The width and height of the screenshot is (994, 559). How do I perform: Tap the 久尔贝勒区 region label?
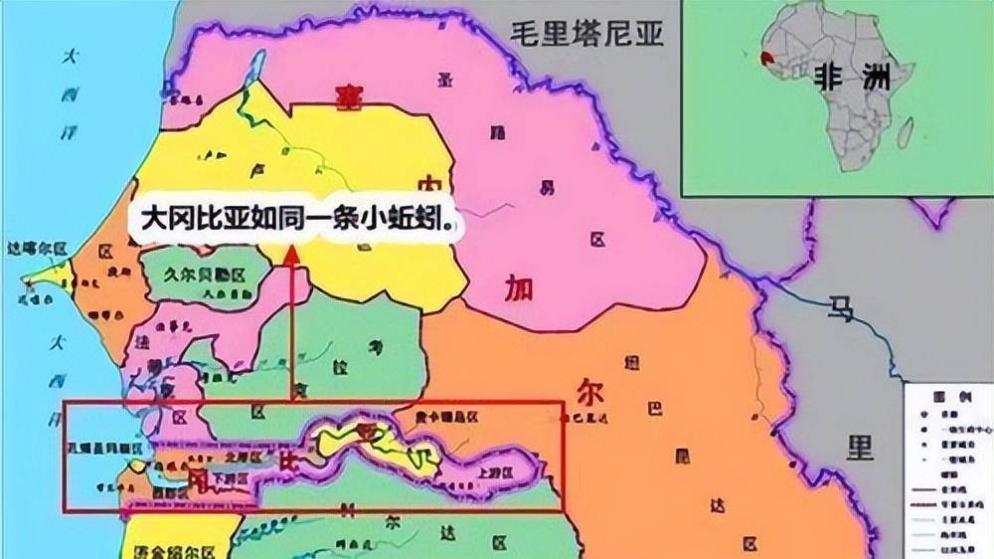tap(208, 271)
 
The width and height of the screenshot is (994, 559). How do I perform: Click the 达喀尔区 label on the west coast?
tap(36, 246)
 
